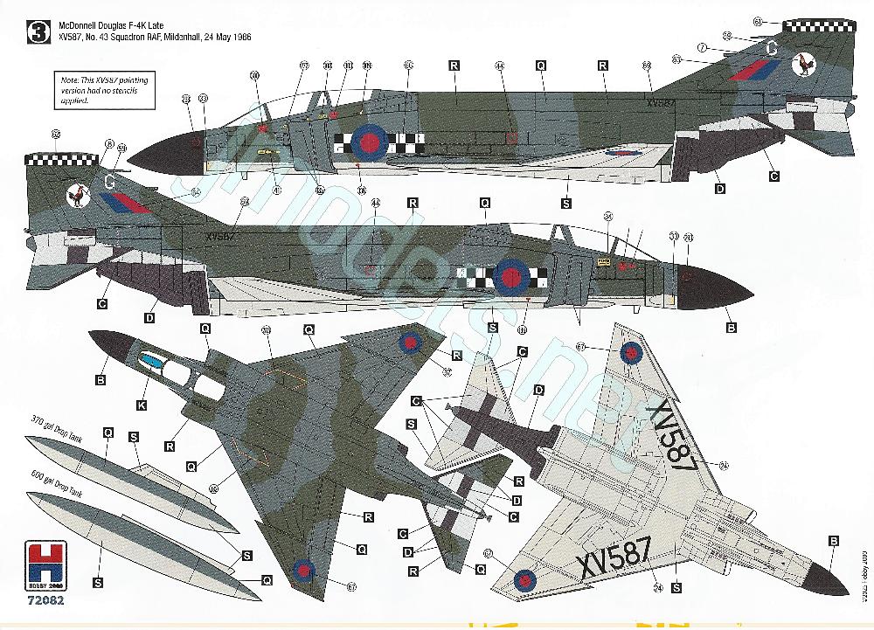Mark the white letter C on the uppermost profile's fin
point(771,49)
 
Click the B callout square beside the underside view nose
point(834,541)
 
